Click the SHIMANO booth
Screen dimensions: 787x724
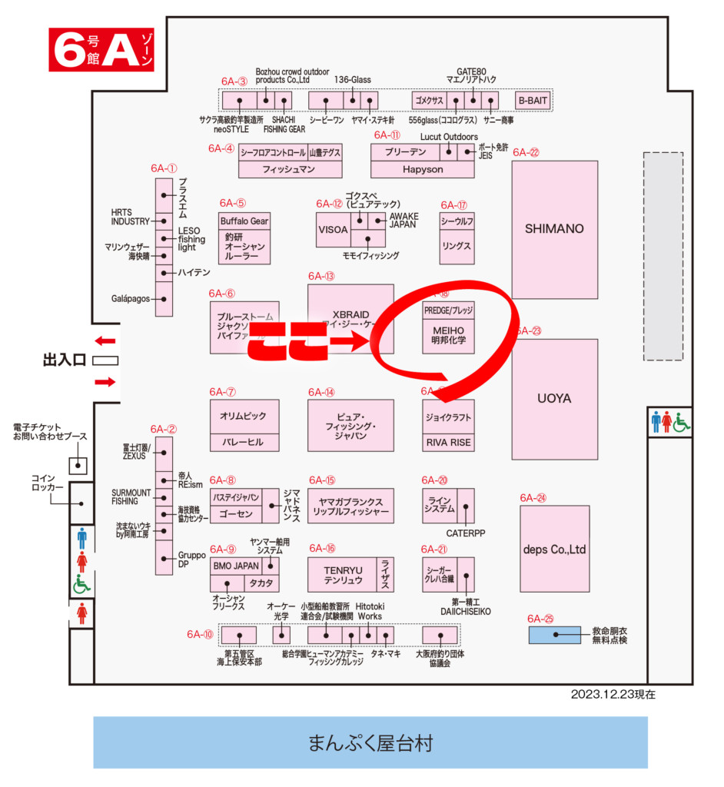(x=554, y=229)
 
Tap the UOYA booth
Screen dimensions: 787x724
(x=553, y=399)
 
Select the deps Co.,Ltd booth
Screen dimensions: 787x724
(x=554, y=549)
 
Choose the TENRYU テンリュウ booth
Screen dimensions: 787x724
(x=342, y=573)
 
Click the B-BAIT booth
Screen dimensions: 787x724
(x=533, y=100)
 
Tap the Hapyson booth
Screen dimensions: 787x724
(x=422, y=169)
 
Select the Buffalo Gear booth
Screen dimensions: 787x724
(x=244, y=221)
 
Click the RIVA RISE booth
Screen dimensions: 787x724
(x=448, y=443)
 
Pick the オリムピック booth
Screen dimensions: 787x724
(x=244, y=416)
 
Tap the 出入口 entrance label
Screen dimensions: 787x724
(x=65, y=359)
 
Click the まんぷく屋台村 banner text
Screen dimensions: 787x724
(x=370, y=742)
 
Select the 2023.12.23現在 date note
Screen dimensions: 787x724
(x=613, y=694)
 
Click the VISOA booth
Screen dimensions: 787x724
(x=333, y=229)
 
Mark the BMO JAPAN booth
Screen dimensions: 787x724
(x=236, y=566)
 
